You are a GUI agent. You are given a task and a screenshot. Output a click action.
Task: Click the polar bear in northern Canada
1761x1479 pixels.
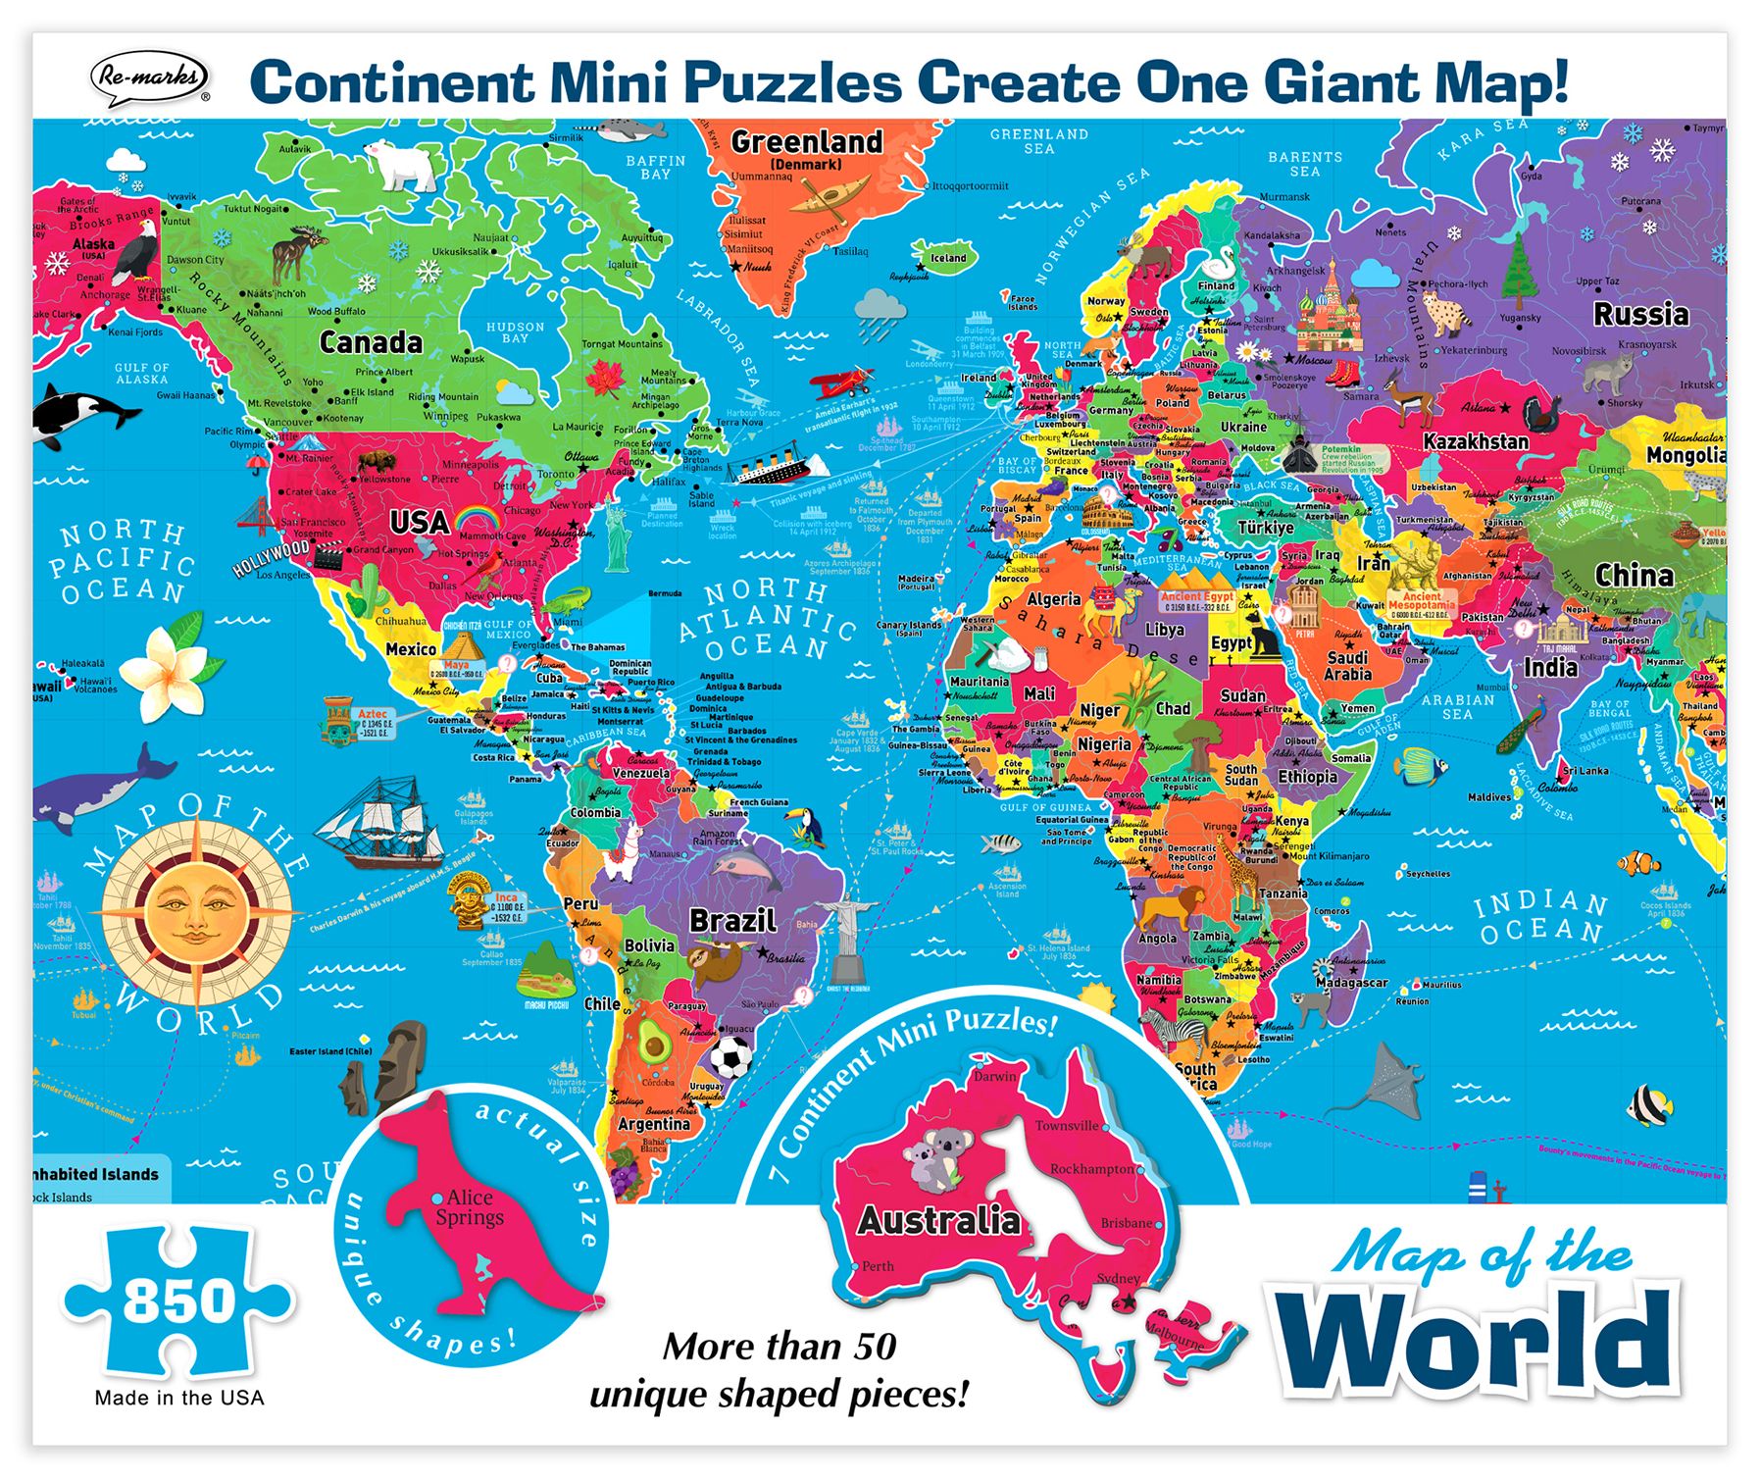point(403,164)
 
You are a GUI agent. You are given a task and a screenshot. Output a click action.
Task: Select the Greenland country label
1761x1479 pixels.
point(806,142)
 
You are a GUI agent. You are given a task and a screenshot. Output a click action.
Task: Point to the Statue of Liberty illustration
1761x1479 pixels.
point(615,535)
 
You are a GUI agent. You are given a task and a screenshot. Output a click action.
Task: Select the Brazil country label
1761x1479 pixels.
point(732,920)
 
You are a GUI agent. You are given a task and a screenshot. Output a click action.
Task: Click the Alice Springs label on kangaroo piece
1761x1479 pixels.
point(470,1207)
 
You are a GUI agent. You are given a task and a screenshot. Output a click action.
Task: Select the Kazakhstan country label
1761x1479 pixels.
point(1475,441)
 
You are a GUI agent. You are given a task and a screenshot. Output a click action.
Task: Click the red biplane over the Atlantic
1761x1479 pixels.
point(842,380)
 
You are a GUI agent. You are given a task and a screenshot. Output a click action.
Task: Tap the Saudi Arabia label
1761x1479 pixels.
point(1347,666)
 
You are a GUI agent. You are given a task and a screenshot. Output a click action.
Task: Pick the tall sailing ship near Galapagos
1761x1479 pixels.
point(386,819)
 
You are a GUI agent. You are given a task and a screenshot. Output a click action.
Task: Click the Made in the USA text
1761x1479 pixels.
point(179,1398)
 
